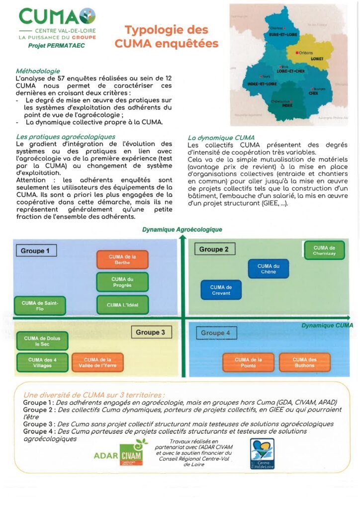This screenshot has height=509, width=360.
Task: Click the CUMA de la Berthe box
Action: (x=122, y=259)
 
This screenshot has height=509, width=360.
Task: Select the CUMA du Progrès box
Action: (x=122, y=282)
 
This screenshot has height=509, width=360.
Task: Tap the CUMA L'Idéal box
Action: (x=122, y=305)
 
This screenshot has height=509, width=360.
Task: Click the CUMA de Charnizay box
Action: (x=324, y=250)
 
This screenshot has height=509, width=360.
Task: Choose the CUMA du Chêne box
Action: (x=268, y=269)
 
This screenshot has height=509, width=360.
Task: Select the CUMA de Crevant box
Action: (x=221, y=290)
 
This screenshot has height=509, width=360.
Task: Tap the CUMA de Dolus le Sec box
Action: (x=42, y=341)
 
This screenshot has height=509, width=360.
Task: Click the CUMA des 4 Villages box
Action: (x=42, y=362)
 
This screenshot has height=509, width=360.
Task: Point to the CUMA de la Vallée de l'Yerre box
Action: (x=97, y=362)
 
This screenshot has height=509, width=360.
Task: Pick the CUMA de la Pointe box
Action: (x=248, y=362)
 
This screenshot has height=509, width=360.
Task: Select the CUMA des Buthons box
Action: (x=304, y=362)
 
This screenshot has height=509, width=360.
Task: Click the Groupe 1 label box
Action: (x=35, y=251)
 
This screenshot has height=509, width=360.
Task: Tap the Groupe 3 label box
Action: (x=151, y=332)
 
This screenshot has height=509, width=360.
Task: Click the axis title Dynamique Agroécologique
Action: (x=182, y=230)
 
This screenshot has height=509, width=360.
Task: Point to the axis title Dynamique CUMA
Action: (x=327, y=326)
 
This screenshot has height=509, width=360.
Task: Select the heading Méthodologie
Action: (x=38, y=71)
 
